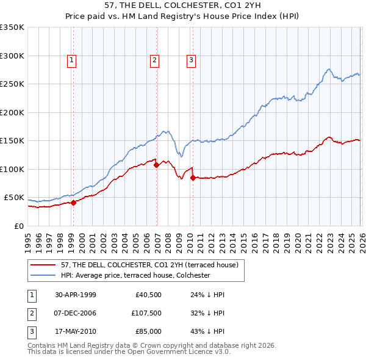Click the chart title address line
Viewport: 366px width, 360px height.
coord(182,5)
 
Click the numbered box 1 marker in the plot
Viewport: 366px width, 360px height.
coord(72,60)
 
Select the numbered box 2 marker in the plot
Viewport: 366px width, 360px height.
coord(155,60)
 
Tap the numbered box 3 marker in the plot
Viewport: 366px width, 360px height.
coord(191,60)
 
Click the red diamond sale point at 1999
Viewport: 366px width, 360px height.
coord(74,203)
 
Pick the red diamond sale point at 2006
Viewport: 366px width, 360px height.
coord(156,164)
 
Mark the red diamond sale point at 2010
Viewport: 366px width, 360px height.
coord(193,178)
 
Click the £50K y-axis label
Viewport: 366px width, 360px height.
coord(14,198)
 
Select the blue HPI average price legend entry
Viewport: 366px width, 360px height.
coord(135,275)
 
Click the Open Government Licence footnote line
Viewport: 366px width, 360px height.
coord(129,352)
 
